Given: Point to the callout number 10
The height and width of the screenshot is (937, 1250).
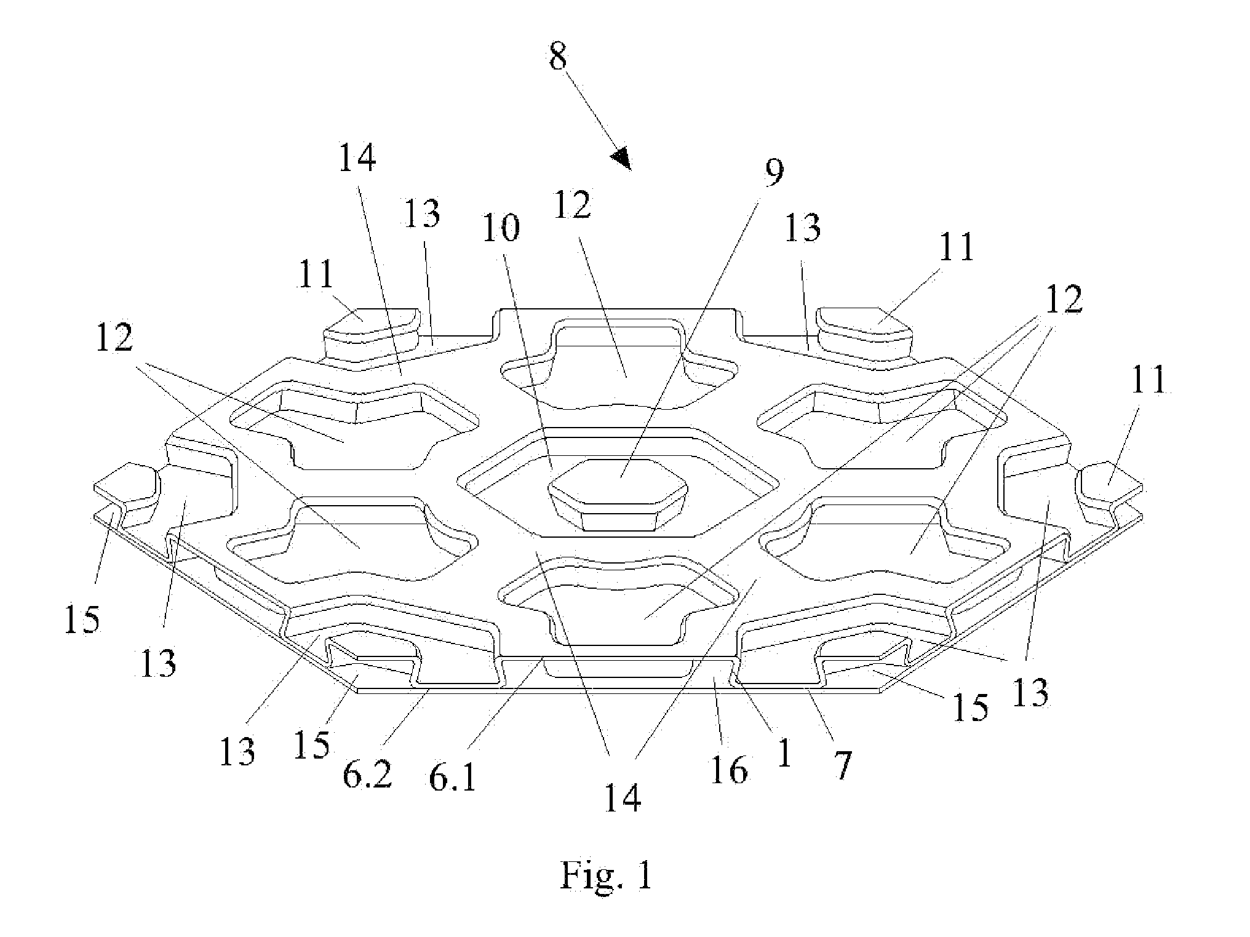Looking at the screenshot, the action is point(501,228).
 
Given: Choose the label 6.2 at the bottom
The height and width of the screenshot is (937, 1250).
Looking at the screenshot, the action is point(367,776).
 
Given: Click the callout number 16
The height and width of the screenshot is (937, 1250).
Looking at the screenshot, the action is point(730,769).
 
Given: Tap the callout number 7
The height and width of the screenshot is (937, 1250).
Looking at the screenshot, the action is point(842,765).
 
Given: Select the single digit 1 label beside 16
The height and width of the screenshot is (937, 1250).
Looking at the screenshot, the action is point(783,753).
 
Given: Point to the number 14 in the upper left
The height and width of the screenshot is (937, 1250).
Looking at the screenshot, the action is point(357,158).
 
